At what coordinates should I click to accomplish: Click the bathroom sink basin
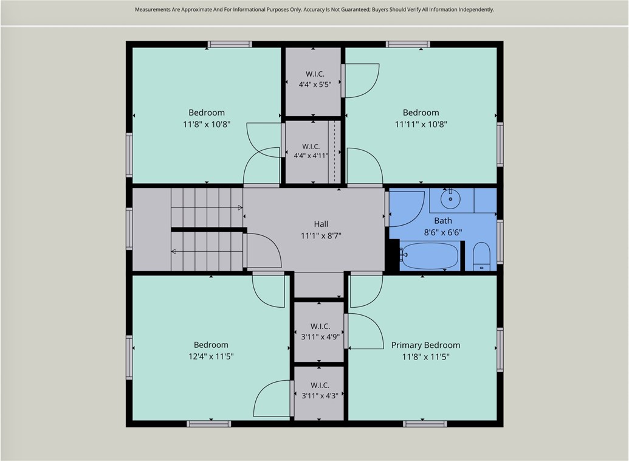[450, 199]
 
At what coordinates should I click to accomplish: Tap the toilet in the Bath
[481, 256]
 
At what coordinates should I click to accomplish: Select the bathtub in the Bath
[429, 255]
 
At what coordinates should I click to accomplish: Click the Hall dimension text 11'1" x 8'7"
[321, 236]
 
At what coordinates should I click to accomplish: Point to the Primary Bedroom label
[425, 345]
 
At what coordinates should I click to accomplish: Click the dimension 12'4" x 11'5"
[211, 356]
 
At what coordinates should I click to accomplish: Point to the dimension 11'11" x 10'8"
[421, 124]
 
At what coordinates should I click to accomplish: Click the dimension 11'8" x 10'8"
[207, 124]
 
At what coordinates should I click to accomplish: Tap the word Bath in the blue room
[443, 220]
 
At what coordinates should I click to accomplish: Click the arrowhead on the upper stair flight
[240, 207]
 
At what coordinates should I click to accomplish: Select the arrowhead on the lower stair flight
[174, 252]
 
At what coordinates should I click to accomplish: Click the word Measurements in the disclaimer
[153, 10]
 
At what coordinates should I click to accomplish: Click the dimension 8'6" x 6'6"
[443, 232]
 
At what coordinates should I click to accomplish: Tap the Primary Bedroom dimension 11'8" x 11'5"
[425, 356]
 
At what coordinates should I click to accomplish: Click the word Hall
[321, 224]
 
